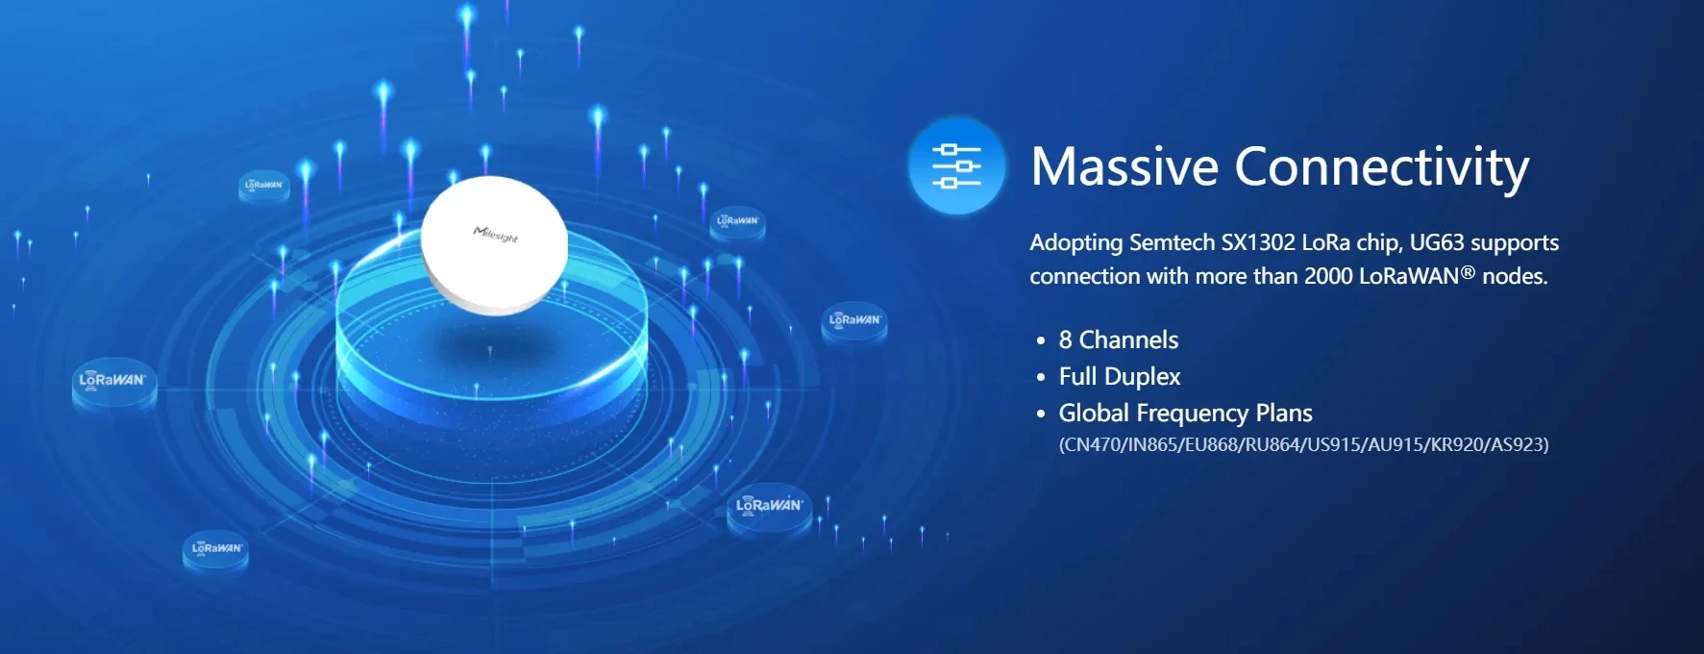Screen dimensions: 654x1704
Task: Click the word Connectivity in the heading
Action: pyautogui.click(x=1381, y=168)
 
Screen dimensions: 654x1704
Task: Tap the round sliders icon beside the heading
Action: pyautogui.click(x=956, y=165)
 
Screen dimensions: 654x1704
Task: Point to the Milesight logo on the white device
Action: pyautogui.click(x=496, y=234)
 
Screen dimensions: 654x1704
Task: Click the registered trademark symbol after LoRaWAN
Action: pyautogui.click(x=1468, y=272)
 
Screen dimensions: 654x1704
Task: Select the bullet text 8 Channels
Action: pyautogui.click(x=1118, y=340)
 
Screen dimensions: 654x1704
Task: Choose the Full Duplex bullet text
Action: pyautogui.click(x=1120, y=376)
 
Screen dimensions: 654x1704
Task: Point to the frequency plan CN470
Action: pyautogui.click(x=1092, y=445)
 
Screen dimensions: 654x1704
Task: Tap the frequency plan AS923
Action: pyautogui.click(x=1517, y=445)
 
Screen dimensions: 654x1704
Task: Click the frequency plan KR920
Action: pyautogui.click(x=1456, y=445)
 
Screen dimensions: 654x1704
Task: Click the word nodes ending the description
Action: pyautogui.click(x=1512, y=277)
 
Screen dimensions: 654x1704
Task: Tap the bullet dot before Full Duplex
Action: pyautogui.click(x=1041, y=377)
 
